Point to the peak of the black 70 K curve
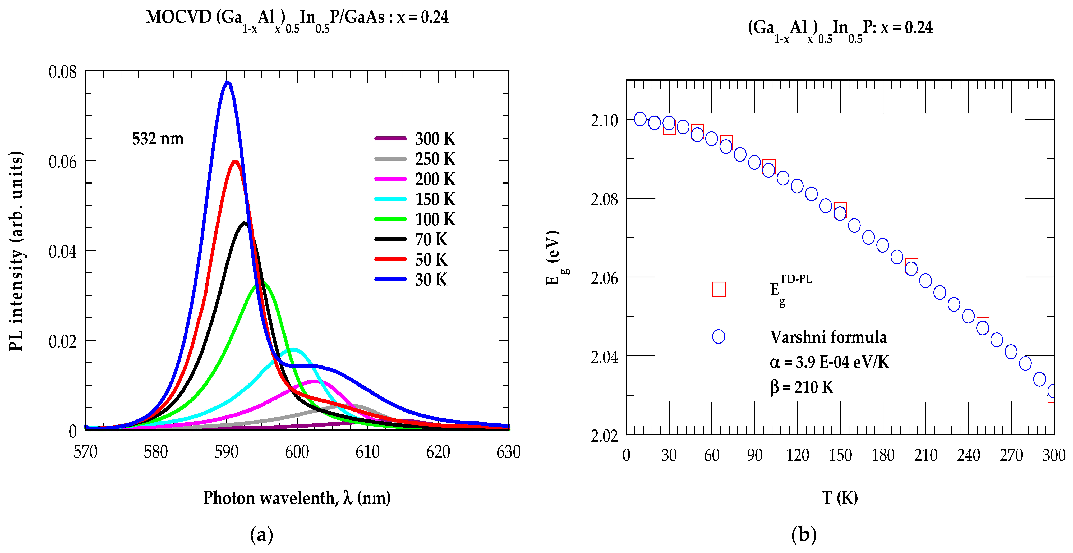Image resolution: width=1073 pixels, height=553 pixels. click(x=245, y=223)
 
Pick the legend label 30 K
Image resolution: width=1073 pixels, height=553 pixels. click(x=431, y=280)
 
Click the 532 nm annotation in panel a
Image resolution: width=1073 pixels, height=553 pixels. click(x=158, y=138)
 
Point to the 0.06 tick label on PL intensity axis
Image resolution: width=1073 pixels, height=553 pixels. click(x=62, y=162)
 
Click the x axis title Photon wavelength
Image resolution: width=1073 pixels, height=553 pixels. click(x=297, y=497)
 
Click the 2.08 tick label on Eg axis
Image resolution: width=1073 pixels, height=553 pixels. click(x=604, y=199)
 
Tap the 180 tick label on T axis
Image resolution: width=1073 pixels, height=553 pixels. click(x=883, y=455)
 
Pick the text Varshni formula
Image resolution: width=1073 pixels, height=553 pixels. click(x=828, y=337)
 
